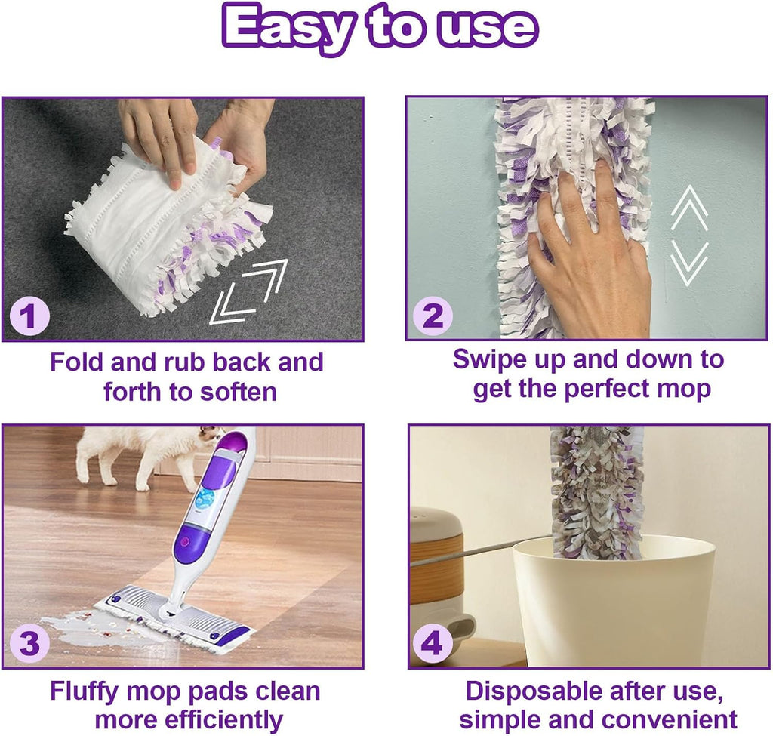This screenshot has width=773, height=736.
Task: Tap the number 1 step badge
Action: [29, 316]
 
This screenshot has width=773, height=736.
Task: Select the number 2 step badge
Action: [432, 316]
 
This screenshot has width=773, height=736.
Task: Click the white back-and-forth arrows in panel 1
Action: [249, 291]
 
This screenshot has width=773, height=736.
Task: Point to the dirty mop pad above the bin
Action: [596, 491]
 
